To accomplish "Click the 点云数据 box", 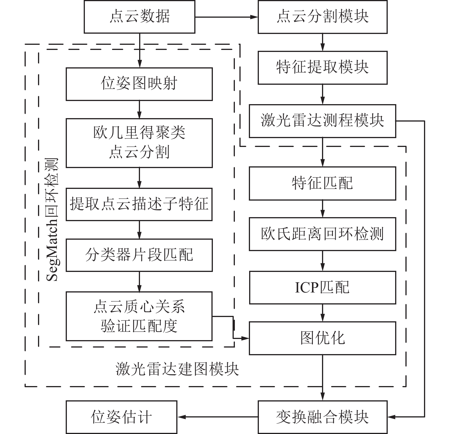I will tap(139, 17).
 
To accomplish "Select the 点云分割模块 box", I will tap(322, 17).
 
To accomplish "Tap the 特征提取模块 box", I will tap(322, 68).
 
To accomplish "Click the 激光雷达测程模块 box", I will tap(322, 121).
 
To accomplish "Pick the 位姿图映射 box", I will tap(139, 84).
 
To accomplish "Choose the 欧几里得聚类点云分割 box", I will tap(139, 143).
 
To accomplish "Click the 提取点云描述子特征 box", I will tap(139, 204).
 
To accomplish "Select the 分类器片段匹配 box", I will tap(139, 255).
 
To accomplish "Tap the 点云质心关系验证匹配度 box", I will tap(139, 316).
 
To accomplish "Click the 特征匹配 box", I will tap(322, 183).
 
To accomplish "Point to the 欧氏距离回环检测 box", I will tap(322, 234).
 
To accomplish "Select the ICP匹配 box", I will tap(322, 287).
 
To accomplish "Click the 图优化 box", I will tap(322, 338).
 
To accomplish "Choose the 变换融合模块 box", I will tap(322, 417).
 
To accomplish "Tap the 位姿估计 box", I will tap(121, 417).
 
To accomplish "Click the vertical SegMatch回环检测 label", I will tap(52, 220).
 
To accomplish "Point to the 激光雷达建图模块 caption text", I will tap(177, 369).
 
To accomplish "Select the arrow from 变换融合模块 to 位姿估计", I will tap(217, 417).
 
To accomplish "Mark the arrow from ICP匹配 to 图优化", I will tap(323, 313).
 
